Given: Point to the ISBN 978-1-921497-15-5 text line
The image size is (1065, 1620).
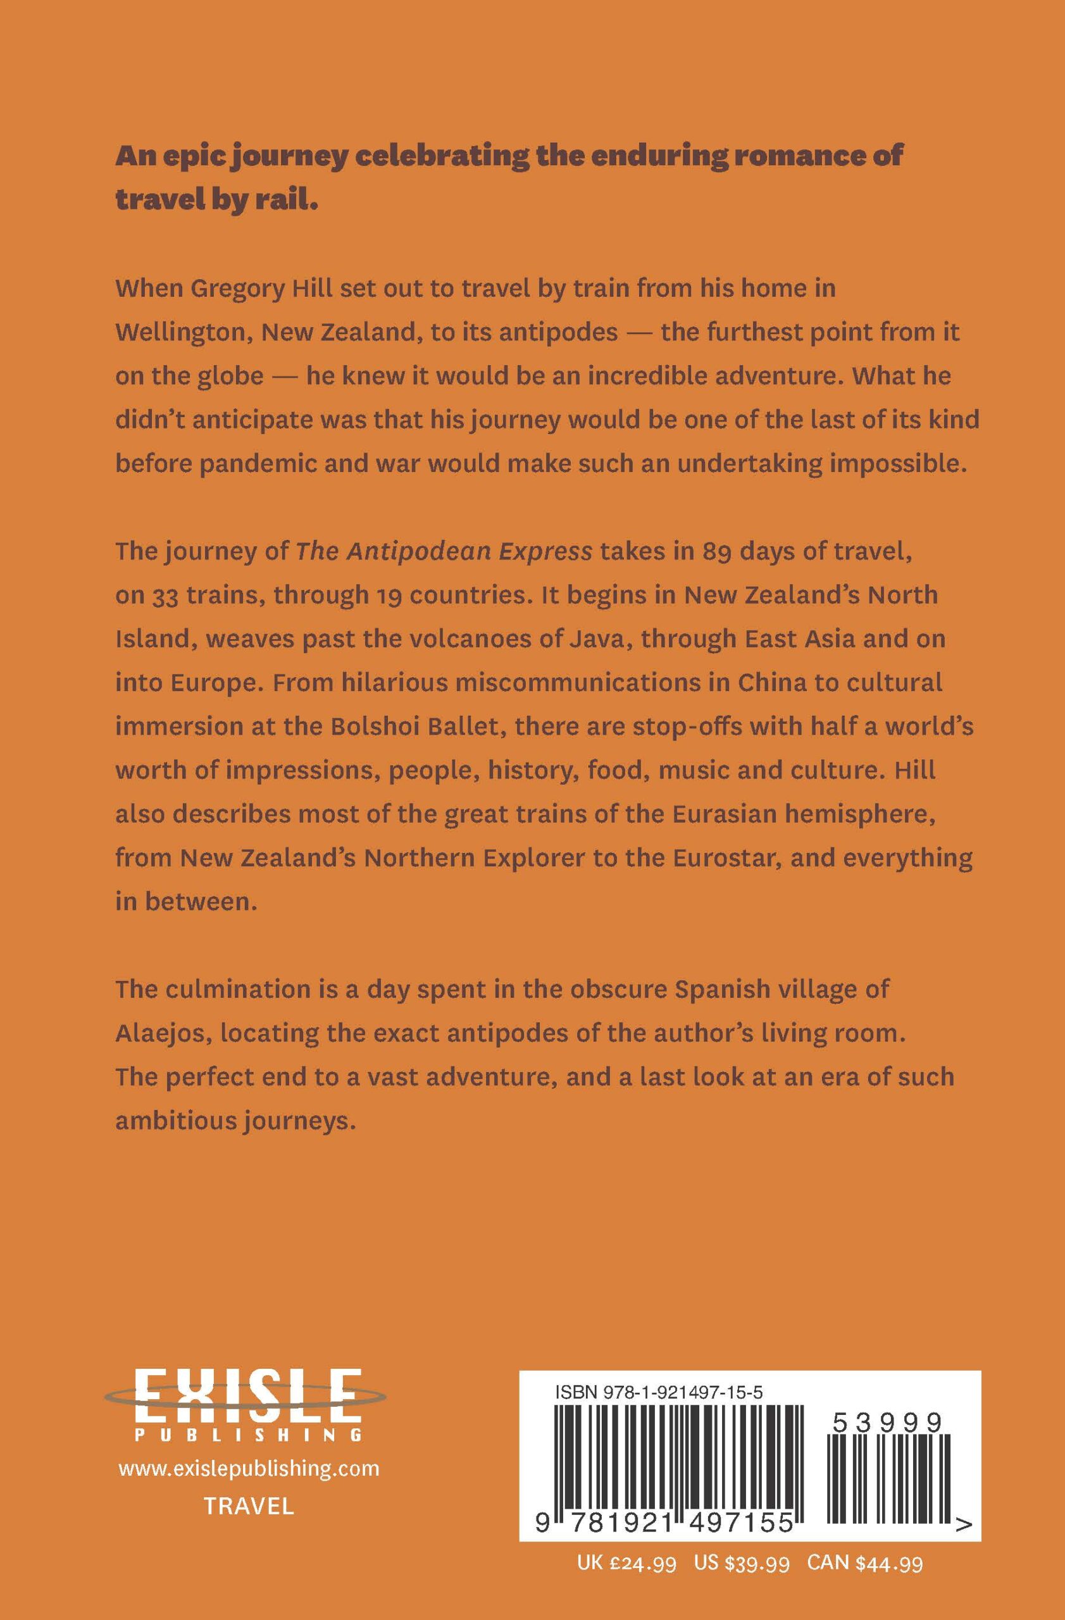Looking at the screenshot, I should [659, 1393].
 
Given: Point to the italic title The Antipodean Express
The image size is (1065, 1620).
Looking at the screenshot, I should [444, 551].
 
